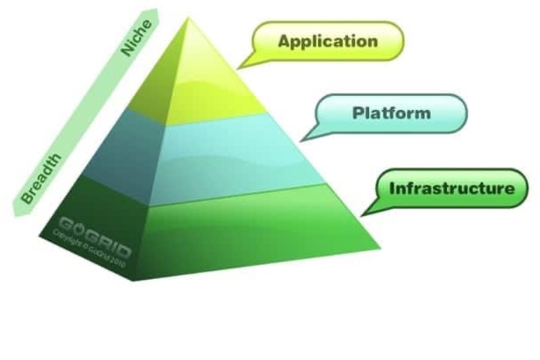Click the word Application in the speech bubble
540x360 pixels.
tap(328, 40)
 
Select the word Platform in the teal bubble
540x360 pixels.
tap(391, 113)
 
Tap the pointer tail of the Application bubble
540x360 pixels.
tap(244, 65)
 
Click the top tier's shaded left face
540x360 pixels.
tap(150, 82)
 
